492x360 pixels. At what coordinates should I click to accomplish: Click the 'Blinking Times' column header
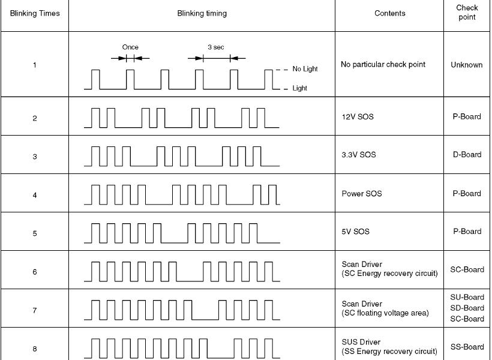coord(35,13)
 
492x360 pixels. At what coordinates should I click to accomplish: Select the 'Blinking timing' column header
coord(202,13)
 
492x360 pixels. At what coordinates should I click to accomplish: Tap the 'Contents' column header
coord(390,13)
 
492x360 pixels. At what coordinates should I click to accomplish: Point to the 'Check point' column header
coord(467,12)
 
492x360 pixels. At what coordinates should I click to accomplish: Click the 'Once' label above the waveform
coord(130,47)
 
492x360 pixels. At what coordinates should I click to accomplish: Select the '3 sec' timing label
coord(216,47)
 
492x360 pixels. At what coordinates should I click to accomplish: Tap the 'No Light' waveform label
coord(305,69)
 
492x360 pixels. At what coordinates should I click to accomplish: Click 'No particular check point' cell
coord(383,64)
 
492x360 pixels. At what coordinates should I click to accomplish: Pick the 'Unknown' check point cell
coord(467,65)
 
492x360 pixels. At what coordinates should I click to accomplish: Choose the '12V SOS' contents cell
coord(358,117)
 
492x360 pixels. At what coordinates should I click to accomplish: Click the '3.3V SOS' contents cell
coord(359,154)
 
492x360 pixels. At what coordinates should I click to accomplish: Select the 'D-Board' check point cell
coord(467,154)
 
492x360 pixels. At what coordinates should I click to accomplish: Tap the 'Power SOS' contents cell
coord(362,193)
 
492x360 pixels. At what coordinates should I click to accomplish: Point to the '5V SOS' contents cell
coord(356,232)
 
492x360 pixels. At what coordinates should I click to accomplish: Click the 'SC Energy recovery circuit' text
coord(390,274)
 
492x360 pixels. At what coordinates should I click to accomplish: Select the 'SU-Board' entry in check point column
coord(467,297)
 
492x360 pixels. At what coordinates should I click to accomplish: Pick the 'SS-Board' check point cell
coord(467,347)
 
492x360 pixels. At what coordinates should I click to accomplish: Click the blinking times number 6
coord(35,272)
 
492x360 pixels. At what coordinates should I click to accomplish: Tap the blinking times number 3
coord(35,157)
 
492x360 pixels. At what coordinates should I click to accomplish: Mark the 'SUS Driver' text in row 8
coord(361,342)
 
